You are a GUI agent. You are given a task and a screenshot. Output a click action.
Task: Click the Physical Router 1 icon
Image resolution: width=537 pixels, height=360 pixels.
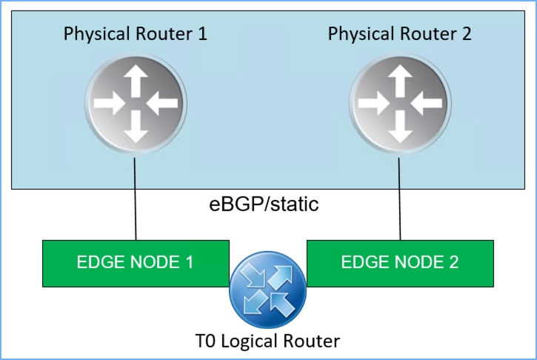[136, 102]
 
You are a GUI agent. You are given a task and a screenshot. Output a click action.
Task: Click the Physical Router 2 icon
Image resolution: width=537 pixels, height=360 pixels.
[401, 102]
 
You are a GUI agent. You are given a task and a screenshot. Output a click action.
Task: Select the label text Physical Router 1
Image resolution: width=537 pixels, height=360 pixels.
[136, 34]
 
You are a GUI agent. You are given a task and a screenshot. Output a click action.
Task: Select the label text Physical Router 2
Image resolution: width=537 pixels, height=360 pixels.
[400, 34]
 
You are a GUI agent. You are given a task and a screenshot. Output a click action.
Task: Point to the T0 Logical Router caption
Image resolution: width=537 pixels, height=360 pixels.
[267, 341]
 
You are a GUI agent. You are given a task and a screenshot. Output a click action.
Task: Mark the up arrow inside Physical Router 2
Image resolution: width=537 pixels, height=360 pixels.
[401, 79]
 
